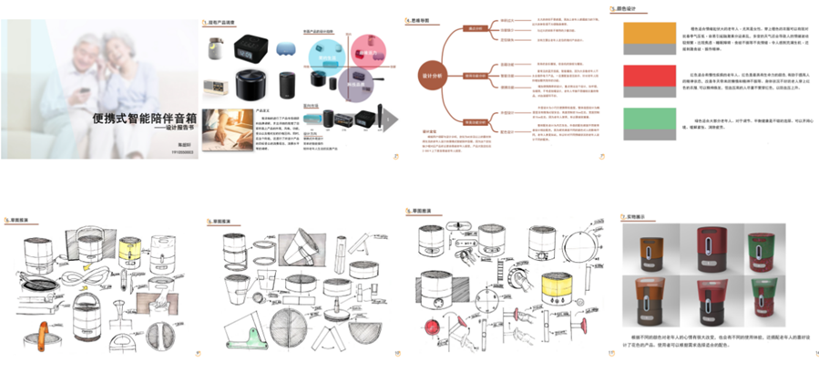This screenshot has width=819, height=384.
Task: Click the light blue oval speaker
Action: (x=286, y=46)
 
